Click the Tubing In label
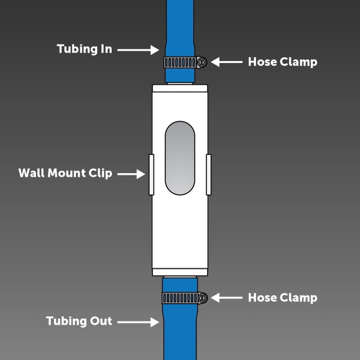pos(84,49)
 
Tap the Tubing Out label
pos(79,321)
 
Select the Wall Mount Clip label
pos(65,173)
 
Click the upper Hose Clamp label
pos(282,62)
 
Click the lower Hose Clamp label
pos(282,298)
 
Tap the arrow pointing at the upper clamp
pos(227,62)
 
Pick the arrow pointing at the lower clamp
pos(227,298)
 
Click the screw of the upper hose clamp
pos(202,62)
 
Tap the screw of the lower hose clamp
pos(202,297)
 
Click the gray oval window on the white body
pos(180,158)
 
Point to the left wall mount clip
pos(151,175)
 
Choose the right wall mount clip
pos(209,175)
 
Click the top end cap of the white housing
pos(180,88)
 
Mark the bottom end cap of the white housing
pos(180,272)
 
